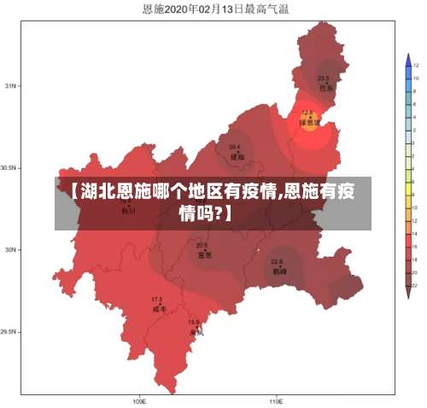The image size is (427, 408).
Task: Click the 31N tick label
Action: (11, 86)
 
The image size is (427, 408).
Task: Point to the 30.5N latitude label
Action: (9, 168)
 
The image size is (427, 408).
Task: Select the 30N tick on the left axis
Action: (11, 250)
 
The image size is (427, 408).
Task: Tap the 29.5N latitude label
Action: (9, 332)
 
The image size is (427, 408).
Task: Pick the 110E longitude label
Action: (276, 400)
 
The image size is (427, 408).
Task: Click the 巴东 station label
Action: (325, 87)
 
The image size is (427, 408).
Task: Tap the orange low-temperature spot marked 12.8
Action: (307, 118)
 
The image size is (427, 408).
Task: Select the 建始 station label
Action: (237, 156)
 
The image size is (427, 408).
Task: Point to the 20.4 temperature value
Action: (234, 147)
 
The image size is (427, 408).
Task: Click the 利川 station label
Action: (128, 211)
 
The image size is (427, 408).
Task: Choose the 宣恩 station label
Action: (204, 254)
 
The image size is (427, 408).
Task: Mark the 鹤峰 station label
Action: (278, 271)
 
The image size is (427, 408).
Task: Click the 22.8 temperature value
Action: (277, 262)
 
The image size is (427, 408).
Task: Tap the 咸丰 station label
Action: (158, 309)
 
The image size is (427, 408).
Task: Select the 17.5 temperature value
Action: (156, 300)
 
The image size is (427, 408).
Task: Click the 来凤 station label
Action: (196, 332)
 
